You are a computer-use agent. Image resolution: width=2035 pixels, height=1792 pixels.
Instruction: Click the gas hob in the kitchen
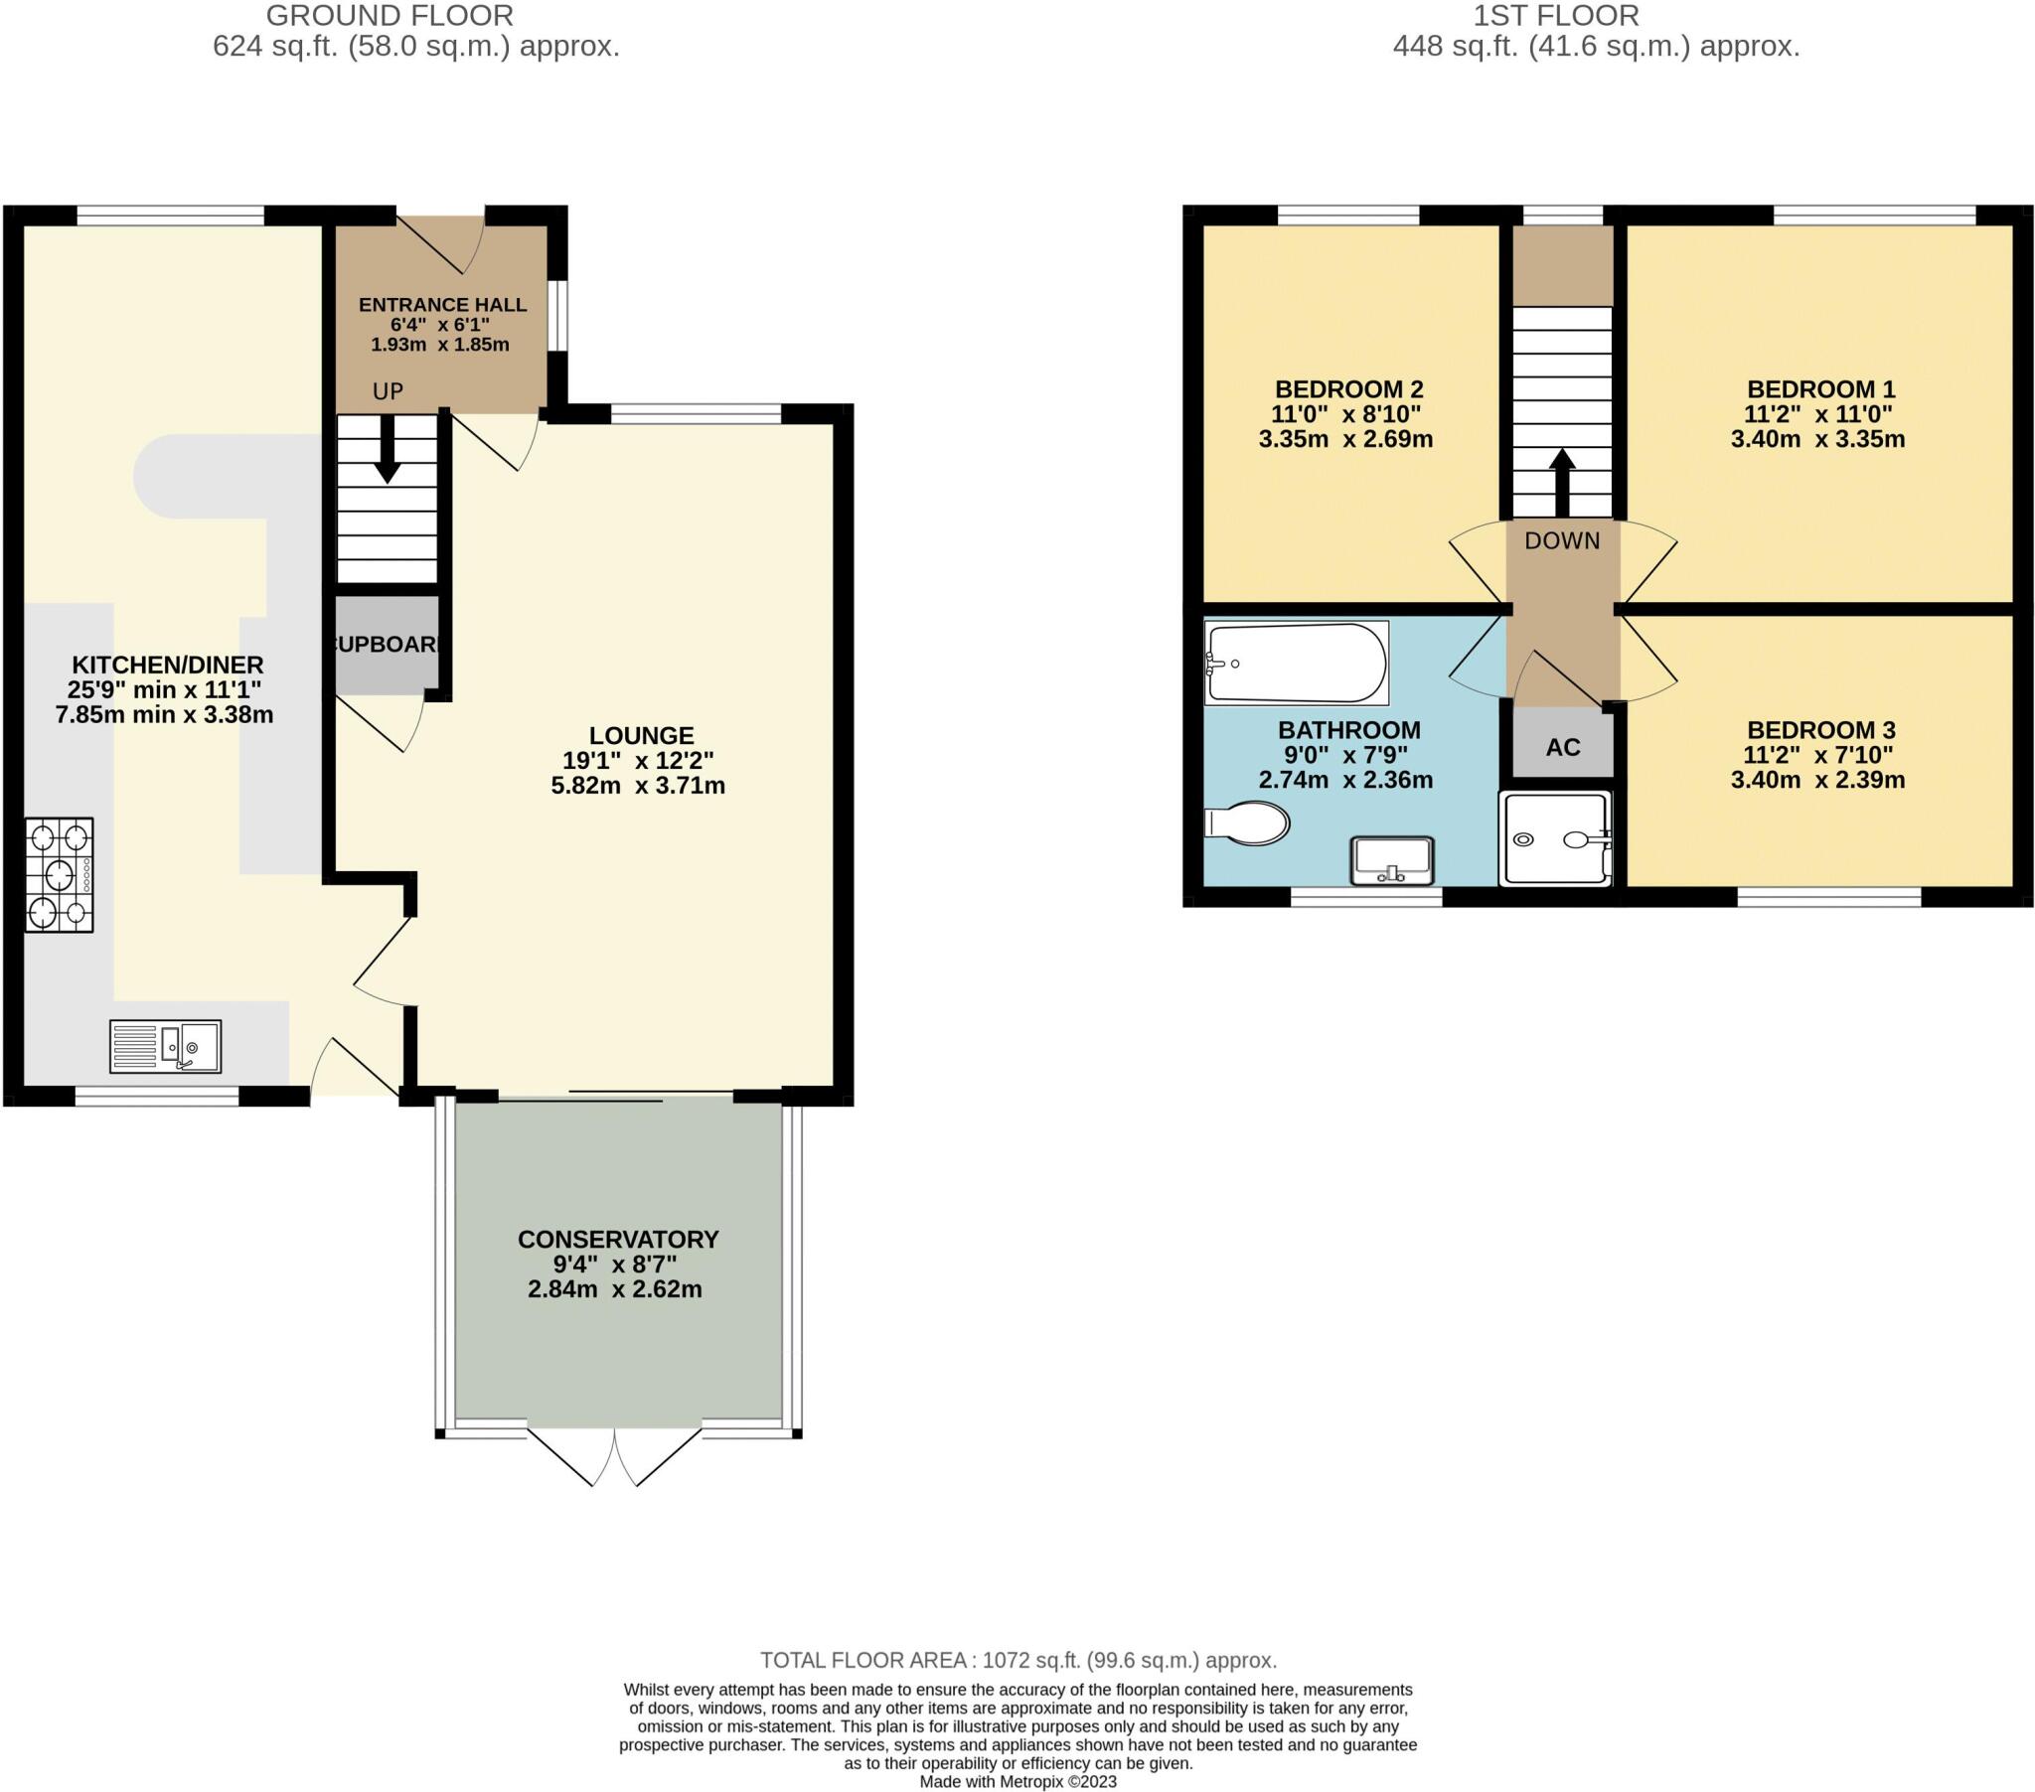pyautogui.click(x=59, y=874)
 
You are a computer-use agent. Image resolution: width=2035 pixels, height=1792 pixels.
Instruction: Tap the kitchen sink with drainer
pyautogui.click(x=165, y=1046)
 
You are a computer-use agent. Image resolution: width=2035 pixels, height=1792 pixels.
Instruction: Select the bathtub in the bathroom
pyautogui.click(x=1296, y=662)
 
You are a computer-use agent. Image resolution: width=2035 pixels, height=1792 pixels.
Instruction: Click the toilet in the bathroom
pyautogui.click(x=1247, y=823)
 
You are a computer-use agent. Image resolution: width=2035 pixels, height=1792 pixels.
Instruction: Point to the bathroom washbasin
pyautogui.click(x=1391, y=860)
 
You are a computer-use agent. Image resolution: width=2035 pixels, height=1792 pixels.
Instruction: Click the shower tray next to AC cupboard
pyautogui.click(x=1555, y=838)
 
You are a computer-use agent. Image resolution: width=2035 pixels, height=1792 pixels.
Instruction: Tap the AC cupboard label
pyautogui.click(x=1562, y=748)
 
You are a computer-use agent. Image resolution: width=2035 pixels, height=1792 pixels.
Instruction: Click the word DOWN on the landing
pyautogui.click(x=1561, y=540)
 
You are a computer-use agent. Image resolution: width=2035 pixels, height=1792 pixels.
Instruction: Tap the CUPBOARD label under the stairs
pyautogui.click(x=387, y=644)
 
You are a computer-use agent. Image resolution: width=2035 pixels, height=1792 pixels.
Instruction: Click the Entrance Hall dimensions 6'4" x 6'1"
pyautogui.click(x=439, y=325)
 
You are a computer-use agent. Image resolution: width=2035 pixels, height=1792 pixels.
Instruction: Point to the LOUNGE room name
pyautogui.click(x=641, y=736)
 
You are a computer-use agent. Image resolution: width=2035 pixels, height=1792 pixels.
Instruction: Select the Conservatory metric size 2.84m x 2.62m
pyautogui.click(x=614, y=1289)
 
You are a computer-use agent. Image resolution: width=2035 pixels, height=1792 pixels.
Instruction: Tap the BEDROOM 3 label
pyautogui.click(x=1820, y=730)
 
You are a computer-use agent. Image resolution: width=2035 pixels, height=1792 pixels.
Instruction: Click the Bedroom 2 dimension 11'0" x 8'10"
pyautogui.click(x=1345, y=414)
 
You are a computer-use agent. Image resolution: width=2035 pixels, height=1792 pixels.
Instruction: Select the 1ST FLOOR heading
pyautogui.click(x=1555, y=16)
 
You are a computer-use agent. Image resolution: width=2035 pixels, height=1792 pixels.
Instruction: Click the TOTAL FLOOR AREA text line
pyautogui.click(x=1017, y=1661)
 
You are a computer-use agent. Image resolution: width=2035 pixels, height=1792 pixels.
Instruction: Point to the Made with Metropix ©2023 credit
pyautogui.click(x=1017, y=1782)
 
